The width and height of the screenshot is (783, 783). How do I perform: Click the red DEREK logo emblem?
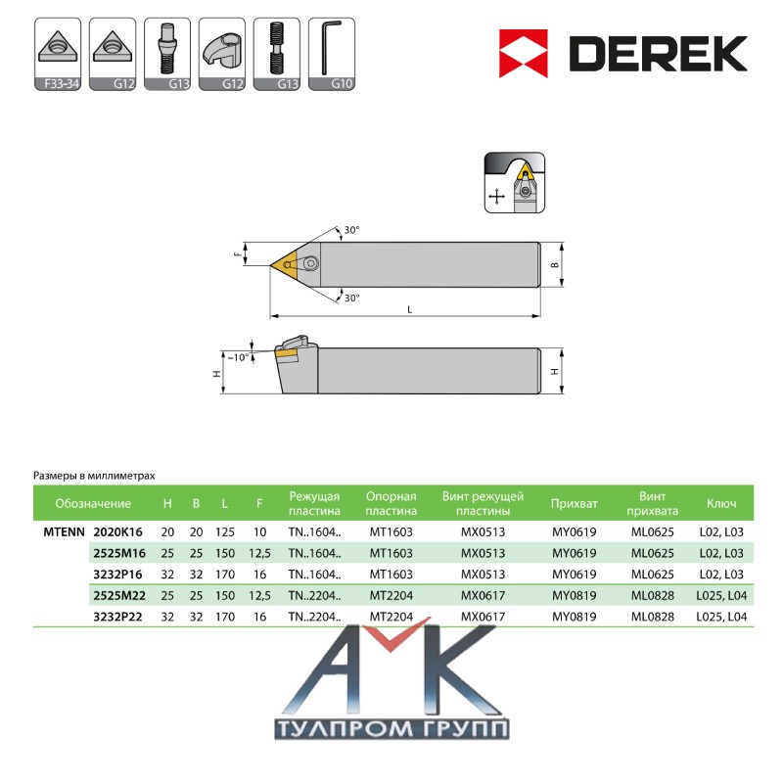[x=524, y=54]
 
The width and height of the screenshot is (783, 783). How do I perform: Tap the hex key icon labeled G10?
[x=332, y=54]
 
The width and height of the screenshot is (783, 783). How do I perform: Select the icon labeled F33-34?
[x=58, y=54]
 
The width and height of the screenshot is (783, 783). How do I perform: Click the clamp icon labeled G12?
[x=222, y=54]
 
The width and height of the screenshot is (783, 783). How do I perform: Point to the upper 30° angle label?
[x=351, y=230]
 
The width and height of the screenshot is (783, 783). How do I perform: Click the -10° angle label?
[x=238, y=357]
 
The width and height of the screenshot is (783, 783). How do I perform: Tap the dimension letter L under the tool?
[x=410, y=309]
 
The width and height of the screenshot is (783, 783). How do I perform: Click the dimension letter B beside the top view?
[x=555, y=265]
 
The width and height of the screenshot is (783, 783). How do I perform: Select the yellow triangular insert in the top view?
[x=284, y=263]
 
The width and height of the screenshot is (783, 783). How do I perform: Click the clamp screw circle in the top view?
[x=311, y=262]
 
